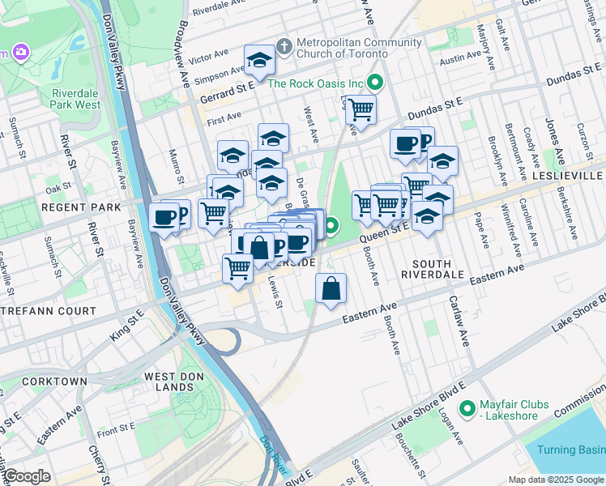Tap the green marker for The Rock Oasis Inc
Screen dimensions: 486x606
pyautogui.click(x=375, y=82)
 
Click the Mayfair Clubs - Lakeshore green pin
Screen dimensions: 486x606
pyautogui.click(x=467, y=409)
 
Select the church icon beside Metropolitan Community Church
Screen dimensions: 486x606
pyautogui.click(x=284, y=46)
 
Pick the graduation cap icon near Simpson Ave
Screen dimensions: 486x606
pyautogui.click(x=259, y=60)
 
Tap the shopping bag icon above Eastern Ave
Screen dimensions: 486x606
pyautogui.click(x=331, y=288)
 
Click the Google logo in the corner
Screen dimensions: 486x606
pyautogui.click(x=27, y=476)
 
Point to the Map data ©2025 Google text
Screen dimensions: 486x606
pyautogui.click(x=555, y=480)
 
